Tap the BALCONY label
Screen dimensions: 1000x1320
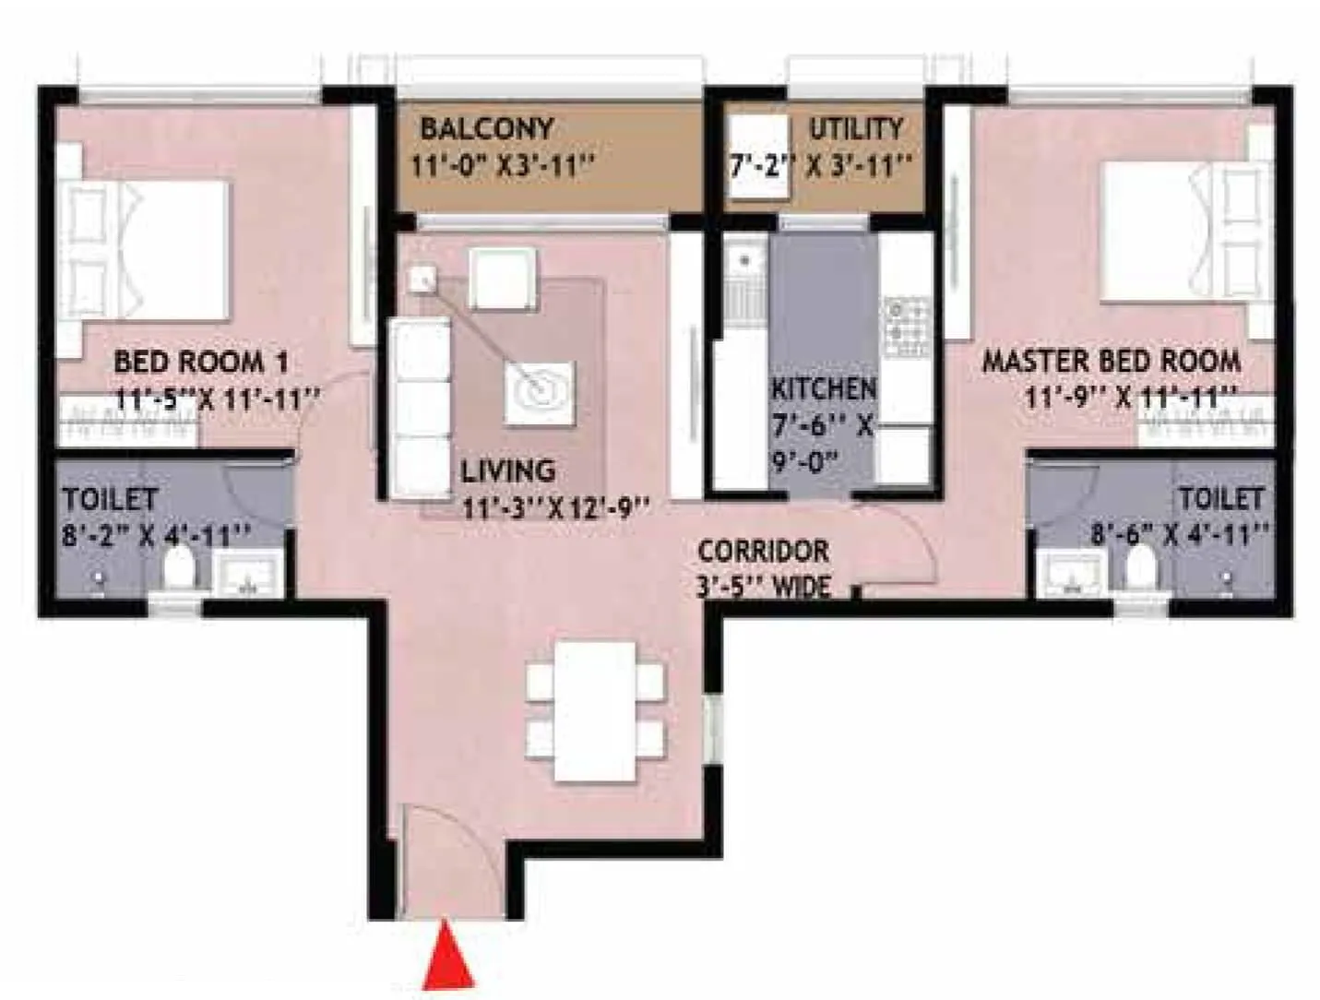(487, 128)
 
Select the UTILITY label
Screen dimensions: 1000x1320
(855, 128)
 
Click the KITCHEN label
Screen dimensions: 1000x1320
(824, 388)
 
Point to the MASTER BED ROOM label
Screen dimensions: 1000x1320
(1112, 361)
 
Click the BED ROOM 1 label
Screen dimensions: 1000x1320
(201, 362)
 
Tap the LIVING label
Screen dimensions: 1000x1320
(508, 470)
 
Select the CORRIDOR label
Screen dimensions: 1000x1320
(763, 551)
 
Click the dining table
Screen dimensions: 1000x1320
(595, 711)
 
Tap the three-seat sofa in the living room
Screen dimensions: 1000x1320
(420, 409)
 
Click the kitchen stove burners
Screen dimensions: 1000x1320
(907, 327)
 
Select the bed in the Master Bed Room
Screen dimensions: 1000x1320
(1181, 232)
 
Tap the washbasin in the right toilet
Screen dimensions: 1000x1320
(1070, 573)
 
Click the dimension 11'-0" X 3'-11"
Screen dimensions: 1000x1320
(502, 165)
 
